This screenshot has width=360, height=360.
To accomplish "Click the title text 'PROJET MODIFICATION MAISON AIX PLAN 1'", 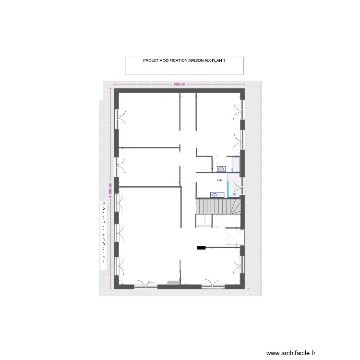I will click(184, 61).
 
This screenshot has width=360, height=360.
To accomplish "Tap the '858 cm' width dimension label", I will click(179, 85).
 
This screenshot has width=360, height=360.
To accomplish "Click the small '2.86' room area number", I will click(219, 180).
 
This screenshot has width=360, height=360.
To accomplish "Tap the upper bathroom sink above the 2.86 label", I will click(222, 168).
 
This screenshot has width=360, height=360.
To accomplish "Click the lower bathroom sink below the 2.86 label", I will click(215, 194).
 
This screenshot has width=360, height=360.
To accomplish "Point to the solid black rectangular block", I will click(201, 248).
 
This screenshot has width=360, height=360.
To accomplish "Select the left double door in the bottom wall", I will click(145, 285).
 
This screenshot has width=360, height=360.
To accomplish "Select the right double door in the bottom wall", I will click(213, 284).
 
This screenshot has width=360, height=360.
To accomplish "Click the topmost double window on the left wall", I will click(118, 118).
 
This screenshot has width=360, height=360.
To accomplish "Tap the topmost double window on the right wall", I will click(240, 113).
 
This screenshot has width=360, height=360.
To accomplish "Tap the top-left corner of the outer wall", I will click(115, 91).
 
